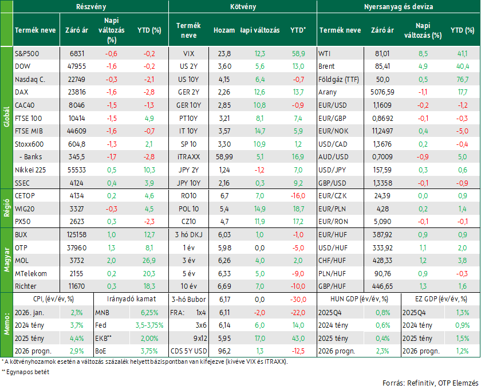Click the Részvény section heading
tap(91, 7)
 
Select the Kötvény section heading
tap(243, 7)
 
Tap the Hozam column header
tap(224, 30)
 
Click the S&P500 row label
tap(27, 54)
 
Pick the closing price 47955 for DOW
tap(77, 66)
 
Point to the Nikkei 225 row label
tap(30, 170)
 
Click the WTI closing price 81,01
tap(383, 54)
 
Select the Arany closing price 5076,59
tap(383, 92)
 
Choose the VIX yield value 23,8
tap(224, 54)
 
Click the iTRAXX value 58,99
tap(224, 157)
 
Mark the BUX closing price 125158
tap(77, 235)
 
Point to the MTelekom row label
tap(31, 273)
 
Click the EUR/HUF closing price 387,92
tap(383, 235)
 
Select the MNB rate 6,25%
tap(149, 313)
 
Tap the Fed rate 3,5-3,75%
tap(149, 325)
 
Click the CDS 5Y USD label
tap(188, 351)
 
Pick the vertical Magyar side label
tap(6, 260)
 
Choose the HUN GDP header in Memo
tap(359, 299)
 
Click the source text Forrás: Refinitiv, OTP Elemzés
tap(431, 383)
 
